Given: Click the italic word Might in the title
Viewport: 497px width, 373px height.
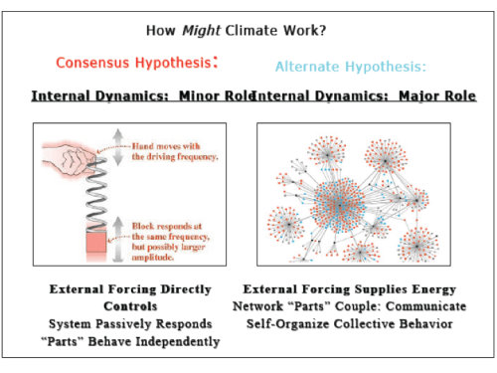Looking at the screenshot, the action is [201, 31].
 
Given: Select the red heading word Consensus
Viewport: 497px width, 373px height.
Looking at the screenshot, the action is [92, 63].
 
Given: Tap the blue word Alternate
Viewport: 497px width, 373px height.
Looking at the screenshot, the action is [307, 67].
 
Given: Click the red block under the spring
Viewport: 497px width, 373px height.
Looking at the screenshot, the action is [96, 242].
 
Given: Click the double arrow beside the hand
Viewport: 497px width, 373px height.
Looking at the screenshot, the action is [118, 147].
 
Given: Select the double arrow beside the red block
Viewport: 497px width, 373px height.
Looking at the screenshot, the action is [118, 239].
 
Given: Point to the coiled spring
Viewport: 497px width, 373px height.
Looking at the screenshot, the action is [96, 194].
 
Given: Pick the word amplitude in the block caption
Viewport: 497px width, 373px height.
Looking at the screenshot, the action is [153, 258].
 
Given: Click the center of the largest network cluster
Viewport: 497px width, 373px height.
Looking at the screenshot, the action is [339, 206].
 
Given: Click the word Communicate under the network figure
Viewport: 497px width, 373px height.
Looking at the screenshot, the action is [426, 306].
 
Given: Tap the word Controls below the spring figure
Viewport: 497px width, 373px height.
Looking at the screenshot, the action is [130, 306].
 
